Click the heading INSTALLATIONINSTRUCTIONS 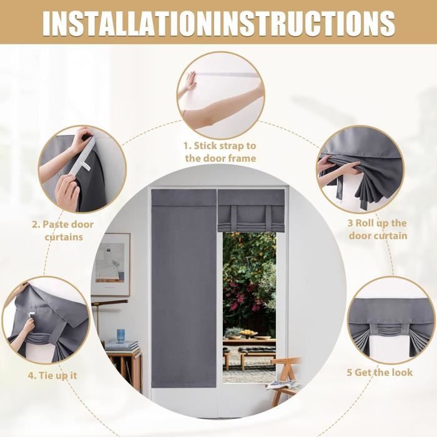click(x=219, y=24)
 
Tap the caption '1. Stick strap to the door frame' click(x=220, y=152)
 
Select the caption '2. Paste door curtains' click(x=63, y=230)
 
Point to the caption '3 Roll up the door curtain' click(x=377, y=229)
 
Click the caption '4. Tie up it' click(x=52, y=375)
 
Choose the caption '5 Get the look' click(x=380, y=372)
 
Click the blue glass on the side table click(x=120, y=336)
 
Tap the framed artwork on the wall click(x=112, y=264)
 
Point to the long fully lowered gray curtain click(x=184, y=288)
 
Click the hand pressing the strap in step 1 click(x=190, y=81)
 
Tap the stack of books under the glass click(x=122, y=346)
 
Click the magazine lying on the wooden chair click(x=282, y=385)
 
